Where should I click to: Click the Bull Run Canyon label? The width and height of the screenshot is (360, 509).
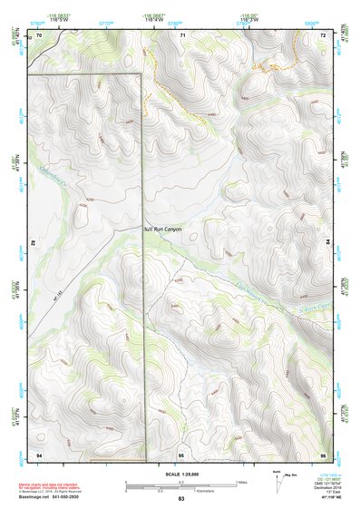click(162, 229)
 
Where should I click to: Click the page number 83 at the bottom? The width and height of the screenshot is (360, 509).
click(180, 500)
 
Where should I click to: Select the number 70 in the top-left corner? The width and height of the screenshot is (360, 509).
click(39, 34)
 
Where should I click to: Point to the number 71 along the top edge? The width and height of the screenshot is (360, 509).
click(183, 34)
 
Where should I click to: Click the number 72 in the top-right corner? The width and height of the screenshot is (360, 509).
click(324, 34)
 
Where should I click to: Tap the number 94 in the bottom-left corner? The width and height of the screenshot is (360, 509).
click(39, 453)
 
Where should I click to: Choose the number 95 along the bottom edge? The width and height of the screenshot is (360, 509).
click(181, 453)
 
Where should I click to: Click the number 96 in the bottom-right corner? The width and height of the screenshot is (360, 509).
click(324, 453)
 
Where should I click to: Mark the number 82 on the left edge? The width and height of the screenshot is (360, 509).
click(34, 243)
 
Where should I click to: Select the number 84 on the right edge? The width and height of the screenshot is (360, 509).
click(328, 243)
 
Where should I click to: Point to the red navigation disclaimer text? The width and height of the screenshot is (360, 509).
click(50, 486)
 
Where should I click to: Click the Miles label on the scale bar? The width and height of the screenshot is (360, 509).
click(239, 481)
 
